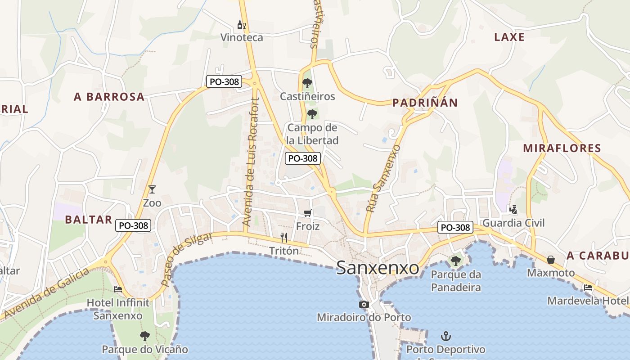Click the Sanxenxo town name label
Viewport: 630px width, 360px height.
pos(378,268)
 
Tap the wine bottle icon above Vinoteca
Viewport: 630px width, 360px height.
pos(242,25)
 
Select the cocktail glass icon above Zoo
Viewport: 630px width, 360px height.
pos(152,189)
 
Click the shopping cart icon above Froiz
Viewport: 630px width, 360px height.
pos(308,213)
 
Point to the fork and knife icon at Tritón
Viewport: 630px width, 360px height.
pos(284,237)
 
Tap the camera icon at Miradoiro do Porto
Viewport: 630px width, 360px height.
pos(364,305)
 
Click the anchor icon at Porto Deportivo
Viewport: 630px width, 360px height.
pos(445,336)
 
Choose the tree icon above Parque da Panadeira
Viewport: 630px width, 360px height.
pos(455,261)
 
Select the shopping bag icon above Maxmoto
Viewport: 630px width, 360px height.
pos(550,260)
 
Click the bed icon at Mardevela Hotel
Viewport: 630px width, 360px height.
pos(588,288)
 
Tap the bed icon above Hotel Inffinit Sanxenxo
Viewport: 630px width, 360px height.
pos(118,289)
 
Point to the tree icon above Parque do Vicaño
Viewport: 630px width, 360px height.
pos(144,336)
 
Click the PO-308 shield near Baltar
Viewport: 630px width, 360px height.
pos(133,225)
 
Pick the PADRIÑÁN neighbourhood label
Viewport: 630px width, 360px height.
pos(425,103)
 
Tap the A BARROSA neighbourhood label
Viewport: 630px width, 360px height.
pos(109,96)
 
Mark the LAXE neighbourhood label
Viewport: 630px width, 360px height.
pos(509,37)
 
